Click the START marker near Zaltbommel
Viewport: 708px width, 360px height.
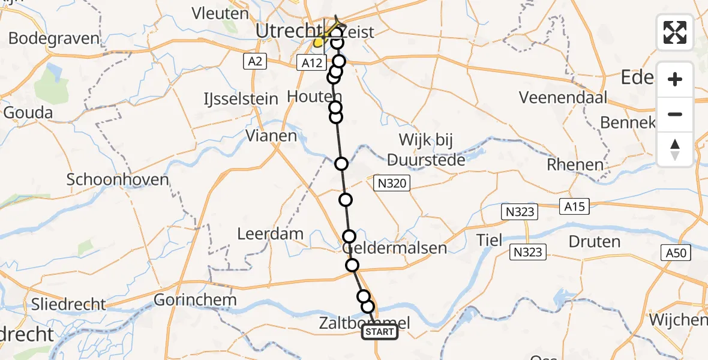coord(380,332)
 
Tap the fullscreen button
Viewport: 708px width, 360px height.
coord(675,32)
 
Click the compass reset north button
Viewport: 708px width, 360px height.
coord(675,149)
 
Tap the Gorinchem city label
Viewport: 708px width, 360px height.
coord(196,299)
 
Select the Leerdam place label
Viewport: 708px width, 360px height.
coord(270,233)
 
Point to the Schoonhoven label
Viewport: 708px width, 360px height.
coord(118,179)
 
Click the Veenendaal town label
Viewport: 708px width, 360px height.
coord(563,97)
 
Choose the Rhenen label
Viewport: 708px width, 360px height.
coord(575,164)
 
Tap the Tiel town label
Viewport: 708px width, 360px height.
coord(488,240)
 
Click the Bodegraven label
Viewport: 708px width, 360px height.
coord(53,39)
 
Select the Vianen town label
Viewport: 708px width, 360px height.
coord(271,136)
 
